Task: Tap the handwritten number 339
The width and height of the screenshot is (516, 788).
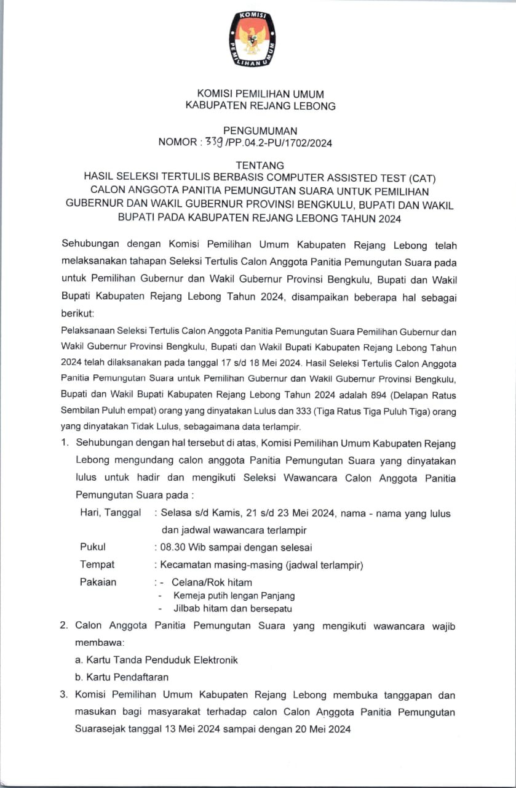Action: coord(214,143)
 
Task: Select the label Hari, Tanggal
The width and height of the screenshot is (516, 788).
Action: coord(110,513)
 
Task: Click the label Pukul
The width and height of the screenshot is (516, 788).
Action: coord(93,547)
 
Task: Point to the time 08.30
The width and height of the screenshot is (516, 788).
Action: coord(173,547)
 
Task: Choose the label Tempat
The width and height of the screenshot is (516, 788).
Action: coord(97,564)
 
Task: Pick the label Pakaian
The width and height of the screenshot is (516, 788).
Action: coord(98,582)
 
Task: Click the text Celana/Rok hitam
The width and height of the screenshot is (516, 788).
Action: coord(212,582)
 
